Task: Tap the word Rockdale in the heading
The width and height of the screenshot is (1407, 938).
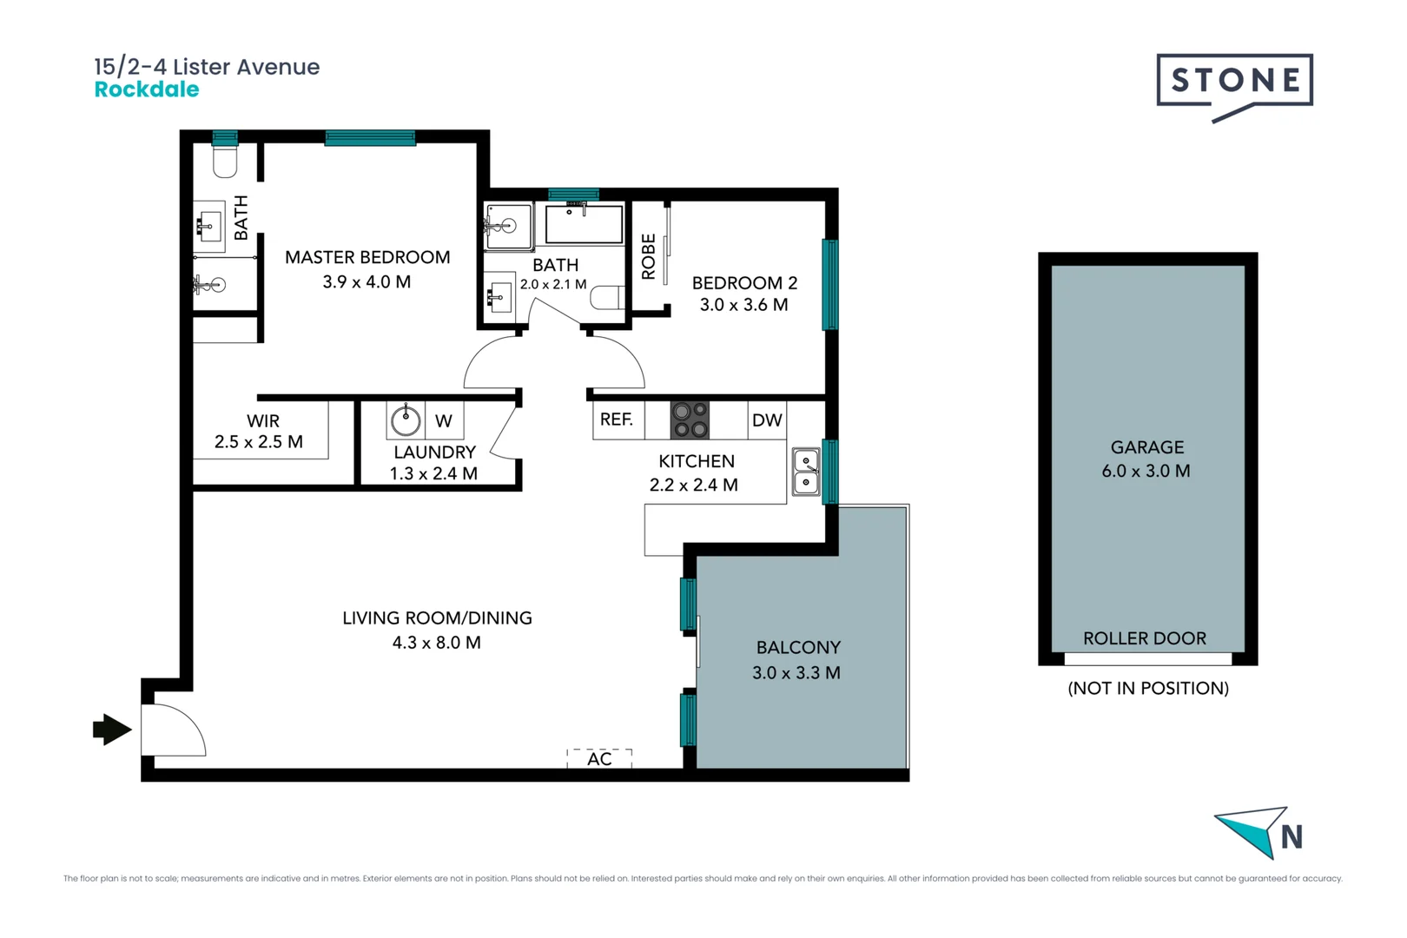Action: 147,89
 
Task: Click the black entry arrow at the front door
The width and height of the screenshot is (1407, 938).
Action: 112,730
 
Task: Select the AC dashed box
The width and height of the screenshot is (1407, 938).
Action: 599,758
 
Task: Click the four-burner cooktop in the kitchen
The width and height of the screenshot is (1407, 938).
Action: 690,419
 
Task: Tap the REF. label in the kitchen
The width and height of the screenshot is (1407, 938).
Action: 616,419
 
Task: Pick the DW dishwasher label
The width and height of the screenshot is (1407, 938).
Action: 767,419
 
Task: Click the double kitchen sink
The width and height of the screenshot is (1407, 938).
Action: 806,472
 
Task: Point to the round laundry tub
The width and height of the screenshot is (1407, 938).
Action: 406,419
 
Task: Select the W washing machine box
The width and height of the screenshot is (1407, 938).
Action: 444,419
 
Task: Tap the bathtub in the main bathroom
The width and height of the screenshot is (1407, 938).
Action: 585,224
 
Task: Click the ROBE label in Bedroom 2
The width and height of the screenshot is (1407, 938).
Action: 648,256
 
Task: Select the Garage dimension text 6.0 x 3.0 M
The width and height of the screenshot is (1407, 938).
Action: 1146,472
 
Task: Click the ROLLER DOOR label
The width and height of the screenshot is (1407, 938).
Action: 1145,638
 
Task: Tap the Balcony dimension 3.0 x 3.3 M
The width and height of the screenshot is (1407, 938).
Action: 796,673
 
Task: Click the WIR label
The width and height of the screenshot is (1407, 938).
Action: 262,420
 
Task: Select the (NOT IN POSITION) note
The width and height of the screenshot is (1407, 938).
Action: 1148,688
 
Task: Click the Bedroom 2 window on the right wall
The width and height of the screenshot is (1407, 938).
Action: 830,284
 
